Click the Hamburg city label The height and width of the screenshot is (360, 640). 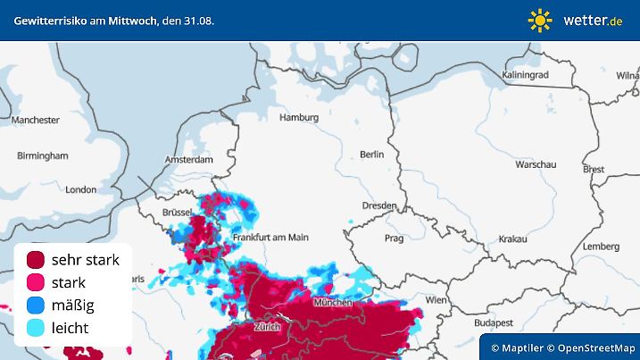point(299,117)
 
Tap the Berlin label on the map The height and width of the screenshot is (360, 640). point(371,155)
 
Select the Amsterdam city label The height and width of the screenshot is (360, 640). point(188,160)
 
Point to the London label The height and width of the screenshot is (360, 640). point(80,189)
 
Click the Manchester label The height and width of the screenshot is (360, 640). point(36,120)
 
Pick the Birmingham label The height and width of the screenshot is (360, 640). point(42,155)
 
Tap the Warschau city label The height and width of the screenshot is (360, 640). point(536,165)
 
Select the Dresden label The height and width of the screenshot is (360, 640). point(378,205)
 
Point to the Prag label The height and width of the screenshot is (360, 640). point(394,239)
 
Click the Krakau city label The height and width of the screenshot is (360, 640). point(512,239)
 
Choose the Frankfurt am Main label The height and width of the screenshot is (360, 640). point(270,238)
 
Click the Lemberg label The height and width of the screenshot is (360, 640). point(600,247)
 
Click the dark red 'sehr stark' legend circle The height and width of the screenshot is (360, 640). point(36,260)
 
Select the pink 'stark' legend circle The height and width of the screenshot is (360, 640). point(36,282)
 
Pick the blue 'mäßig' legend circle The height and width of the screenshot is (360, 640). point(36,306)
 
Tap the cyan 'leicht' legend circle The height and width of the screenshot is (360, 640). point(36,328)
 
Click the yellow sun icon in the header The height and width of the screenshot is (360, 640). point(540,20)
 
